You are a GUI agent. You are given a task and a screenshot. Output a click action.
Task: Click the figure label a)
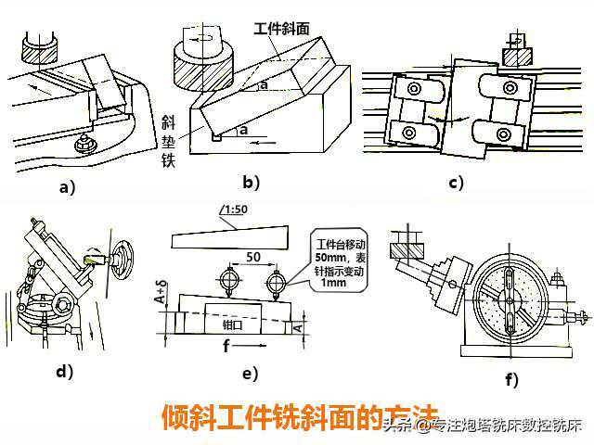tap(66, 185)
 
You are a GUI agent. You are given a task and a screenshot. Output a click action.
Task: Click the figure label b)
tap(250, 182)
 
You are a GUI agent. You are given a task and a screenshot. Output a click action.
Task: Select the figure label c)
tap(455, 182)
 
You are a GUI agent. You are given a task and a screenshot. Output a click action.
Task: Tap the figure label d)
tap(64, 372)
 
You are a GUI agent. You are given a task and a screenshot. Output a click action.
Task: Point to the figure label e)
tap(249, 374)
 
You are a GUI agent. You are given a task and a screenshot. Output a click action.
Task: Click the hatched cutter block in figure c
tap(512, 55)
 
